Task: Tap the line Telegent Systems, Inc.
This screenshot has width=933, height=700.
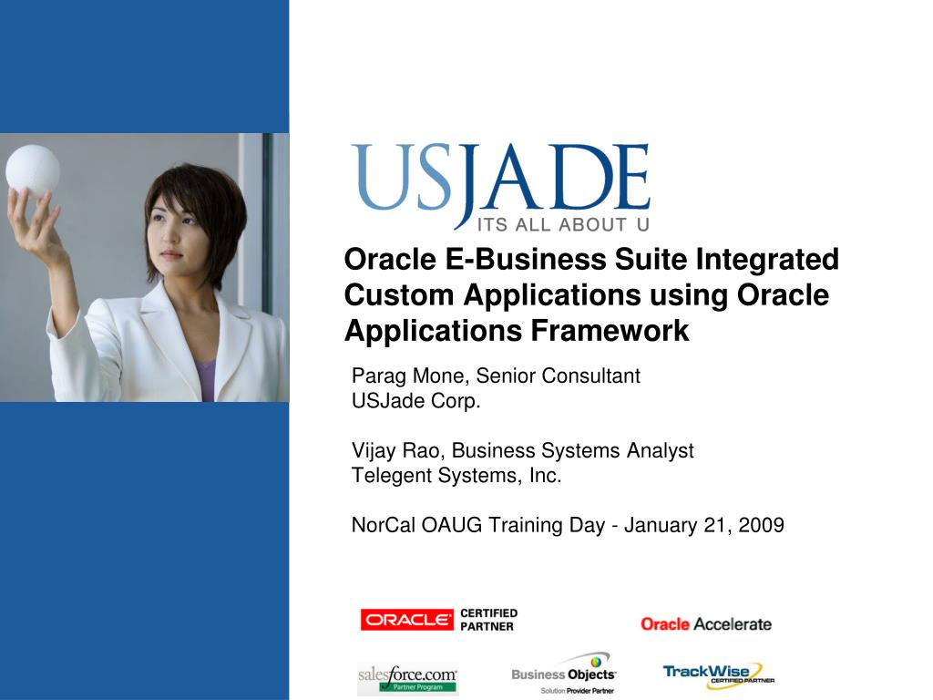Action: tap(456, 475)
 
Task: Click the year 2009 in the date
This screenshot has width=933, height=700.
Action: tap(762, 525)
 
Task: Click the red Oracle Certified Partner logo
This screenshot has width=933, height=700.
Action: tap(438, 620)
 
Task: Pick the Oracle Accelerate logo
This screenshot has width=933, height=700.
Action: tap(705, 624)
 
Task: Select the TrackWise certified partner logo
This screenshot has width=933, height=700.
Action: tap(718, 674)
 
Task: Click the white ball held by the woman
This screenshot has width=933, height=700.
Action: tap(33, 170)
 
